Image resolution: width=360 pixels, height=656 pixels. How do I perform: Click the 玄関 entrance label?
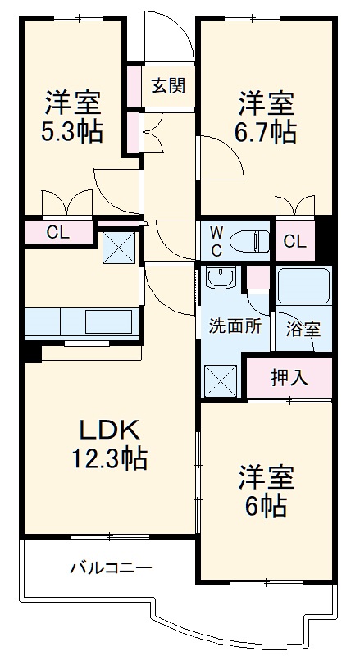pos(166,86)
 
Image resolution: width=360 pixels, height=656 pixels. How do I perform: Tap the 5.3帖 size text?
pos(73,132)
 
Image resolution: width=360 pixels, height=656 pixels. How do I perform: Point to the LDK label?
pos(111,429)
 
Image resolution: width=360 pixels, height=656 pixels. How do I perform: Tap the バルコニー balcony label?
pos(110,567)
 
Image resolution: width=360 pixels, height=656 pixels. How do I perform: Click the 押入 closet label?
pos(289,377)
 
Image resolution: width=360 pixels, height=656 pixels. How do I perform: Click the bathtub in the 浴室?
pos(303,286)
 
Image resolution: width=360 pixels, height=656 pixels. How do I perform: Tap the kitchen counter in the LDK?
pos(79,321)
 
